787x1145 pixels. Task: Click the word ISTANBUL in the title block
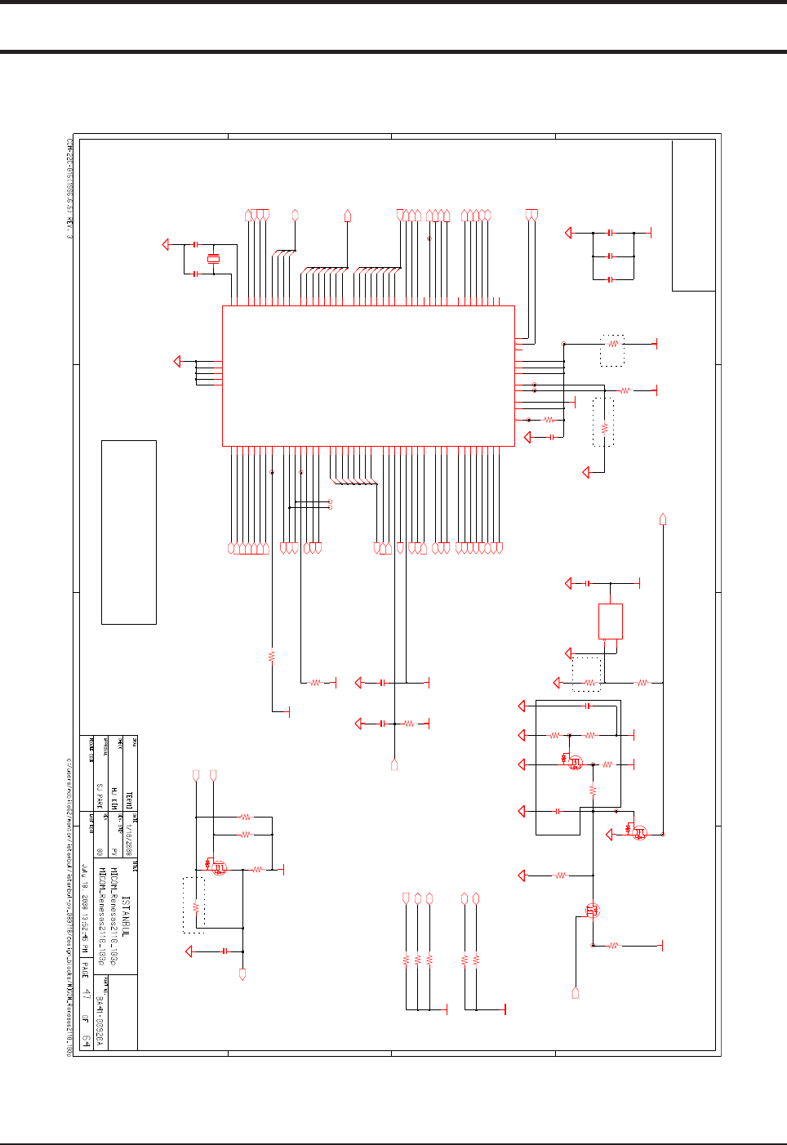(x=126, y=915)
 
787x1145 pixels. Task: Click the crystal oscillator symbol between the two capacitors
(x=213, y=260)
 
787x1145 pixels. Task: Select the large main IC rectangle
(x=368, y=376)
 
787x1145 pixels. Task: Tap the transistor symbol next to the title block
(x=218, y=868)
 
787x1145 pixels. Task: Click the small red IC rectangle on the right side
(x=610, y=622)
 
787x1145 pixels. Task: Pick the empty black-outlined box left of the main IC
(x=128, y=532)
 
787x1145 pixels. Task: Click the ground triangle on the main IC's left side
(x=178, y=361)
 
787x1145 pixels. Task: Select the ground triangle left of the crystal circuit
(x=167, y=244)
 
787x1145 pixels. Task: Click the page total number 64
(x=86, y=1041)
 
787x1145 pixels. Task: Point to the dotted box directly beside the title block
(x=193, y=905)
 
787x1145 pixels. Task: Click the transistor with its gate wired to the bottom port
(x=594, y=910)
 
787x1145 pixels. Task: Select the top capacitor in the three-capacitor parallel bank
(x=611, y=233)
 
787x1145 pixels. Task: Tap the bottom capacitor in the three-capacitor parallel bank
(x=611, y=279)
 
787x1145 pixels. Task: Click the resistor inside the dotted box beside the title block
(x=195, y=907)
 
